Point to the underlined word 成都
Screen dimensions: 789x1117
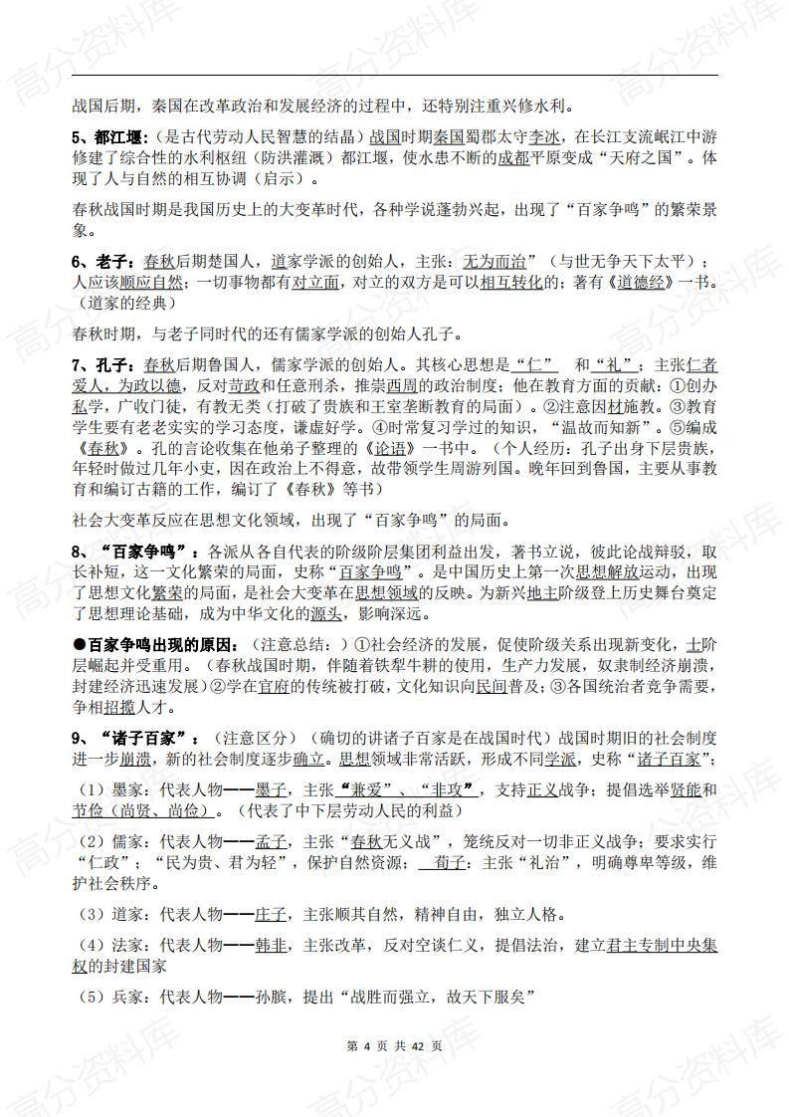tap(513, 158)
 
